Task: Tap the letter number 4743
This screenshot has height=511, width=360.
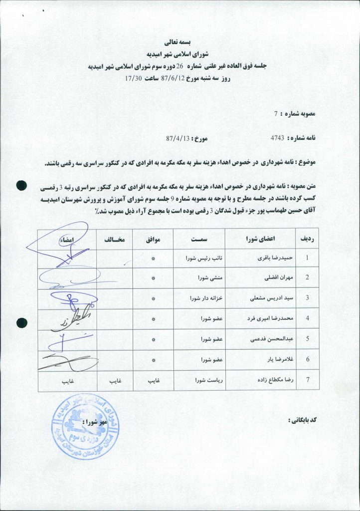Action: point(277,138)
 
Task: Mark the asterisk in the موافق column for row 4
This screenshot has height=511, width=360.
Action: point(153,319)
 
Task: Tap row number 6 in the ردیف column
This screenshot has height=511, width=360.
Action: point(307,359)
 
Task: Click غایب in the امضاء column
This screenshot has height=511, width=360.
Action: point(68,380)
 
